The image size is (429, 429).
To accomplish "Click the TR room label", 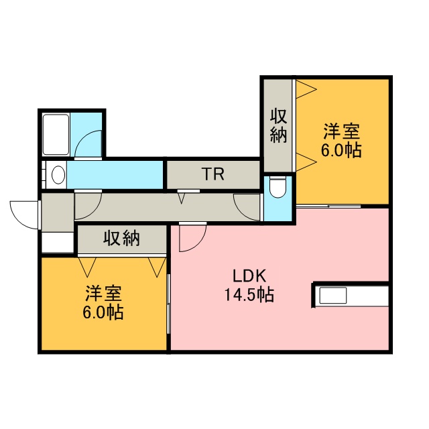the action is click(x=213, y=174).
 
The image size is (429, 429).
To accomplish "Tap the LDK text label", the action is click(x=249, y=275).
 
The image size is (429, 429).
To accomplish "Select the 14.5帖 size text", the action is click(x=249, y=294).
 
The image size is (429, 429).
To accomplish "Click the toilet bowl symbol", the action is click(x=278, y=187).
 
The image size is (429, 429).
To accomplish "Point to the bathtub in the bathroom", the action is click(x=56, y=135).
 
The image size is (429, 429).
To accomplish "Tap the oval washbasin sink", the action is click(x=58, y=174).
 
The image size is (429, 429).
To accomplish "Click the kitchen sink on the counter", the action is click(x=333, y=296).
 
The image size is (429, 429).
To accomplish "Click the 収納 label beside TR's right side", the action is click(x=279, y=126).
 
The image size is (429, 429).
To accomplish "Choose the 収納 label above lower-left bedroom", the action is click(x=121, y=238).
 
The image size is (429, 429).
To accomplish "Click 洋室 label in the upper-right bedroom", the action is click(x=341, y=131).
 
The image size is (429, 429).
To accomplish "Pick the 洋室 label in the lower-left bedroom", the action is click(x=103, y=294).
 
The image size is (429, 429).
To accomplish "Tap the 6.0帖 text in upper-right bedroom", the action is click(x=341, y=150).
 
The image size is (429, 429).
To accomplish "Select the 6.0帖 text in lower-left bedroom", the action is click(x=103, y=312).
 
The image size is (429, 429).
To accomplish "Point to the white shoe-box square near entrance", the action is click(x=58, y=243).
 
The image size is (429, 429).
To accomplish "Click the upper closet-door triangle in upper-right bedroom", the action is click(x=306, y=89).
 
